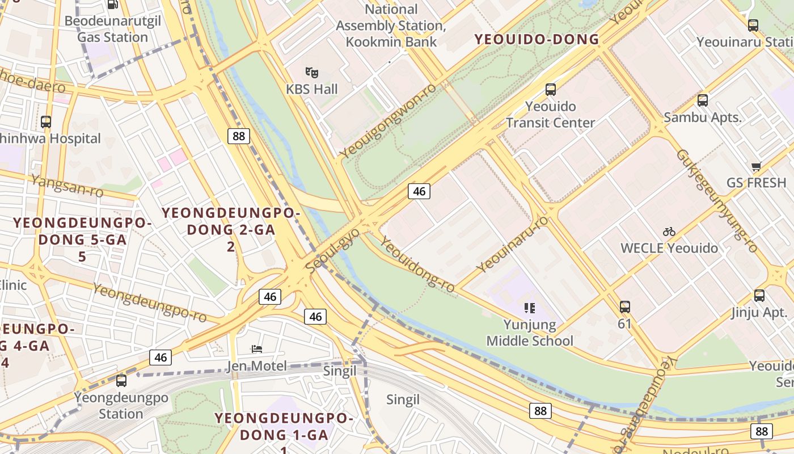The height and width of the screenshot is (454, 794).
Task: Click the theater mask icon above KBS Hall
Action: [x=311, y=73]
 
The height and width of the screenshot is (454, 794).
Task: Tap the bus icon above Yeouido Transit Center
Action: [x=550, y=89]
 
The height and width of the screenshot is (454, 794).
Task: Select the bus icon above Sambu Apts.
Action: [x=702, y=100]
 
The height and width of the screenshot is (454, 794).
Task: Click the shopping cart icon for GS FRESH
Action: [x=755, y=166]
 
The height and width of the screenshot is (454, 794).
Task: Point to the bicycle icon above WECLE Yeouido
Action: [x=669, y=232]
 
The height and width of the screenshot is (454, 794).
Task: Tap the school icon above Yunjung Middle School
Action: [x=529, y=308]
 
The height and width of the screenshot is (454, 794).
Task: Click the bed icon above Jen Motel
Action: [x=257, y=348]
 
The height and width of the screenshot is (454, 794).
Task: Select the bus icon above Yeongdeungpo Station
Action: [x=121, y=380]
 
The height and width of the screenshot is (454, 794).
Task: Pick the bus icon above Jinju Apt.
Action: [x=759, y=296]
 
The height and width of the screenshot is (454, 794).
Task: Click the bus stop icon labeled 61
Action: [x=624, y=307]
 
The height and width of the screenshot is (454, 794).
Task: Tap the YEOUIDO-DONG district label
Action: [x=537, y=39]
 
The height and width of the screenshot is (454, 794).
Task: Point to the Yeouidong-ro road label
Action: [x=417, y=265]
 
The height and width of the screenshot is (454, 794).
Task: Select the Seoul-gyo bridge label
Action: [x=332, y=250]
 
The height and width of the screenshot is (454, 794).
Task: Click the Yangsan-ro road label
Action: [x=67, y=186]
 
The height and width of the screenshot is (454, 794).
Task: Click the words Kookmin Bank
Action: [x=391, y=41]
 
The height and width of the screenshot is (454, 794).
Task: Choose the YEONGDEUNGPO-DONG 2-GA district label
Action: [x=230, y=222]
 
